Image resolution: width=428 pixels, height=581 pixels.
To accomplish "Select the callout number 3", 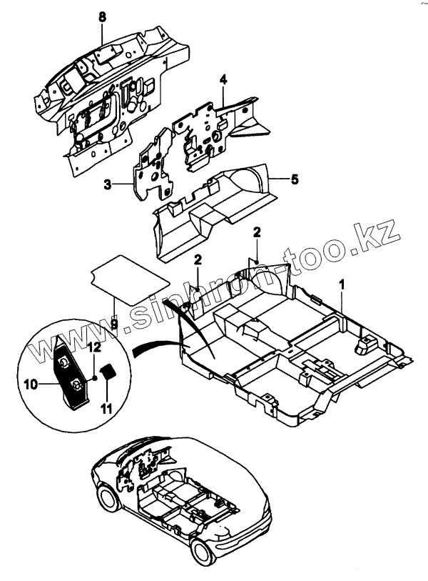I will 108,184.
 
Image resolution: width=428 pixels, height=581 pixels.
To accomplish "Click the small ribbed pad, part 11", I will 109,373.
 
